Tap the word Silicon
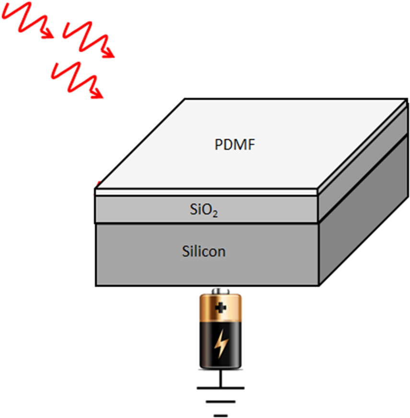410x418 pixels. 204,251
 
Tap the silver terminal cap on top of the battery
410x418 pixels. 221,291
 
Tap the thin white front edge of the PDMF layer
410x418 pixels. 206,192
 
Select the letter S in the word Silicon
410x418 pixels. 186,251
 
